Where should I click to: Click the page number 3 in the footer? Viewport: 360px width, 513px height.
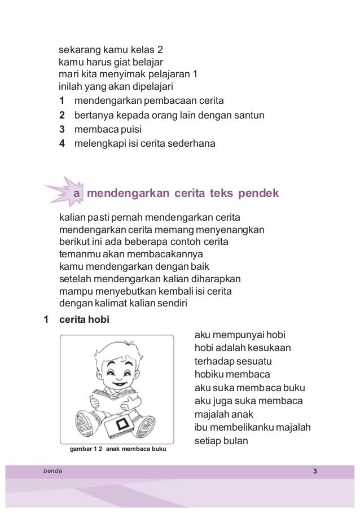pyautogui.click(x=315, y=471)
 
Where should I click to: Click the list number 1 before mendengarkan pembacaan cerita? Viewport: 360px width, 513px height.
pyautogui.click(x=62, y=101)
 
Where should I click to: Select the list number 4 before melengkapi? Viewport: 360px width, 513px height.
pyautogui.click(x=62, y=144)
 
